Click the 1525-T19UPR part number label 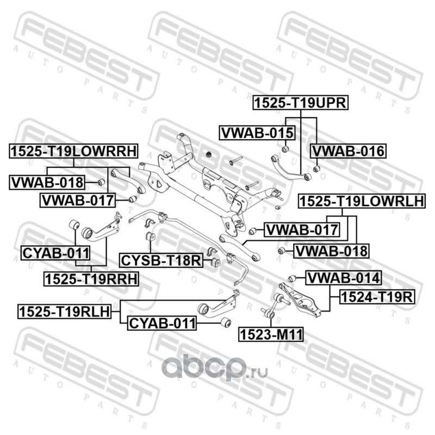click(x=300, y=102)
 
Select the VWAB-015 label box click(x=257, y=132)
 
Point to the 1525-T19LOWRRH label click(x=73, y=151)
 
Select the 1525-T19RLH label click(x=64, y=311)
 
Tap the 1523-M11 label click(x=270, y=333)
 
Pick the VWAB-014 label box click(x=343, y=279)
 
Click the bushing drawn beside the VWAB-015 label click(x=285, y=148)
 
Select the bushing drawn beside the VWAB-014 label click(x=292, y=279)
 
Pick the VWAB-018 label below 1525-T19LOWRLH click(x=331, y=251)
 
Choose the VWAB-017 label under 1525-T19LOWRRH click(x=78, y=201)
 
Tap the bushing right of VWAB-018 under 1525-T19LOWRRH click(x=101, y=181)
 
